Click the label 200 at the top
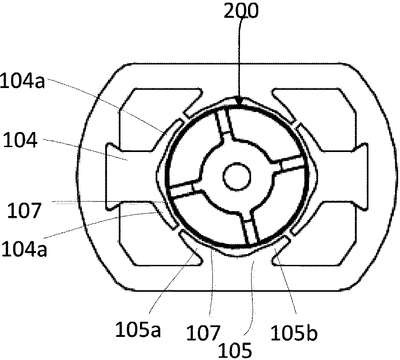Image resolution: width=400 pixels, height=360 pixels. (241, 10)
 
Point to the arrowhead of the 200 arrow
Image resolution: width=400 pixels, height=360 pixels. (239, 101)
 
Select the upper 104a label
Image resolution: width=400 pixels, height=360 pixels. (22, 81)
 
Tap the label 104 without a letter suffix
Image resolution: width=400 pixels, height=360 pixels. (20, 140)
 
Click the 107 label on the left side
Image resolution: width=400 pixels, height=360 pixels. (24, 211)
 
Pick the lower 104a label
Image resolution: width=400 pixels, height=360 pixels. (24, 249)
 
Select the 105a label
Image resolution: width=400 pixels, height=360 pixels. (138, 329)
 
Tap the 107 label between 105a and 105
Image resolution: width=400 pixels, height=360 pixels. (203, 332)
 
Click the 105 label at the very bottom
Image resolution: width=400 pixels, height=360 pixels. (235, 350)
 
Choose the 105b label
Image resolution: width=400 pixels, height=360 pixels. (294, 332)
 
